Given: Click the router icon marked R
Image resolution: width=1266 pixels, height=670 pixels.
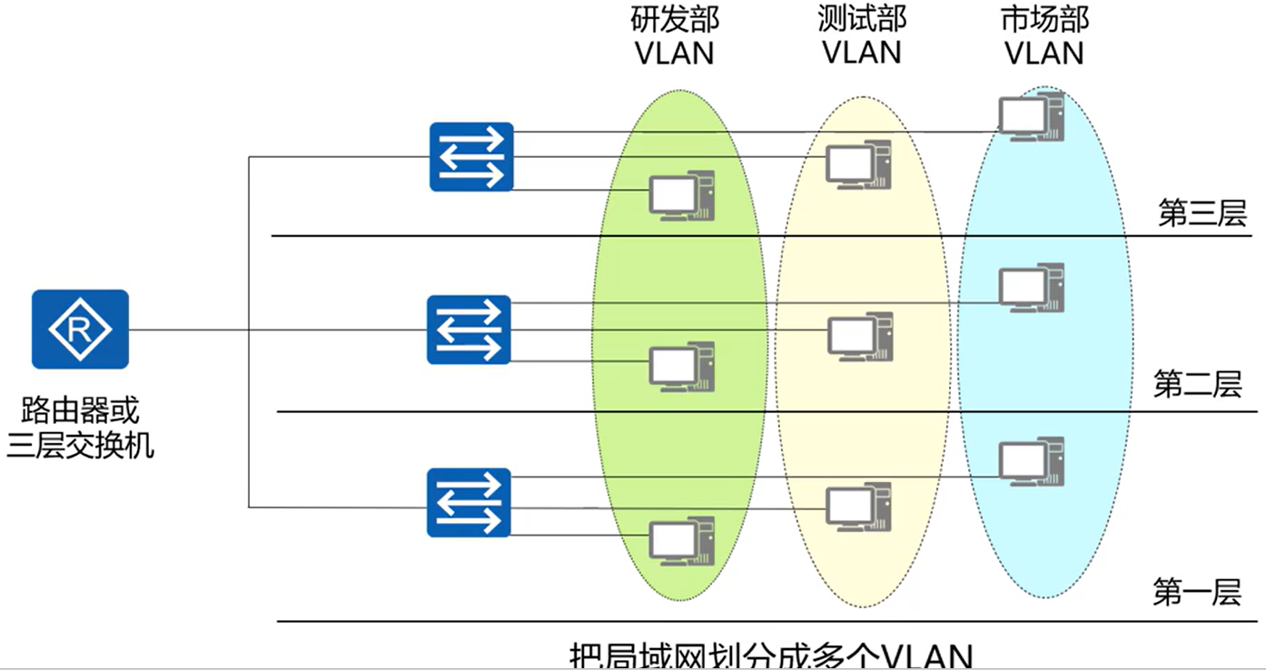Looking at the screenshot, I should [80, 329].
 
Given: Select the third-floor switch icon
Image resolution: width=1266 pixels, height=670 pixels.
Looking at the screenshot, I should [471, 156].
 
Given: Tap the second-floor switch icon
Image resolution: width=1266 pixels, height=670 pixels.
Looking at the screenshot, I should [470, 329].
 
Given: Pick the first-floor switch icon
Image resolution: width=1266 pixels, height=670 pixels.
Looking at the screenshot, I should [470, 502].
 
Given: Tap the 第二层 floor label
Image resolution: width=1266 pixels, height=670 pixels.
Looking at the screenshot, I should [1197, 384].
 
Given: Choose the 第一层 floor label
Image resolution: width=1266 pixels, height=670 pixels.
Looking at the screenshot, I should [1197, 593].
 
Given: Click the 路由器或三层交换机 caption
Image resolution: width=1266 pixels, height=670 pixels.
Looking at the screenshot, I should [81, 428].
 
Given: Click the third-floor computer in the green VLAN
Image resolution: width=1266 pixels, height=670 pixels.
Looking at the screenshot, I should [680, 196].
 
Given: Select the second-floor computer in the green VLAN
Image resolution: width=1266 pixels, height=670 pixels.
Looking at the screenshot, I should [681, 368].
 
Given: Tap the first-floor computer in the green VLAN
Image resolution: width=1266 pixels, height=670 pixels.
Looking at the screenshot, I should [681, 542].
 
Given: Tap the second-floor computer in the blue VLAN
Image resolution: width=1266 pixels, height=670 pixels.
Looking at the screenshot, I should [1031, 289].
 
